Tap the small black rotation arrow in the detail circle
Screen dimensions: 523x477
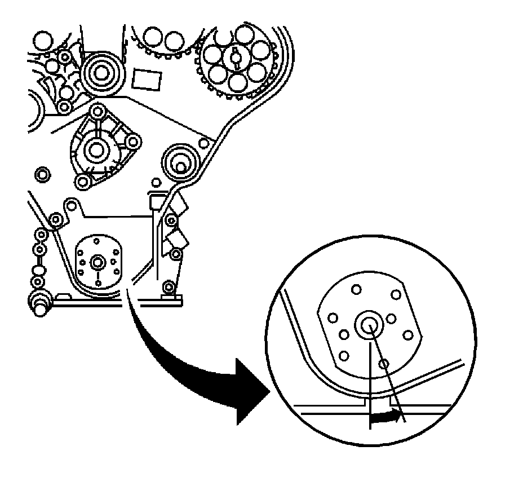click(x=387, y=417)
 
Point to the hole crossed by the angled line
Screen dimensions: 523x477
click(x=384, y=364)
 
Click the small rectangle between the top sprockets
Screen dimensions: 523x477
click(x=146, y=79)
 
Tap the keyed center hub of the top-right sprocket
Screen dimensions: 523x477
click(x=236, y=57)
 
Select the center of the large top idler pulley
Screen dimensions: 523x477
click(x=102, y=73)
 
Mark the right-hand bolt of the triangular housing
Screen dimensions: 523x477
click(x=133, y=140)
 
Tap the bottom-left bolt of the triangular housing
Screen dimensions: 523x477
click(x=83, y=182)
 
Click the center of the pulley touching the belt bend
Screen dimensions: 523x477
click(x=179, y=163)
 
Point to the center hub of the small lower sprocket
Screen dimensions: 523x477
click(x=99, y=262)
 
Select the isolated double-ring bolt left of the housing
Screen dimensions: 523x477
click(x=42, y=174)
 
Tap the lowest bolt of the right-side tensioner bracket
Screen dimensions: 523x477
click(x=167, y=285)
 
